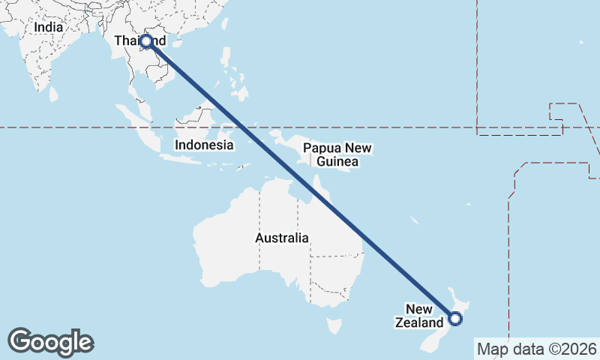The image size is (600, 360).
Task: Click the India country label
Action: [x=48, y=27]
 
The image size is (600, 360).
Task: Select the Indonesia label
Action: [x=203, y=145]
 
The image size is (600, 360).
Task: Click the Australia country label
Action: [x=281, y=238]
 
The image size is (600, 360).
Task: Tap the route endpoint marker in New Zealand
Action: [x=455, y=319]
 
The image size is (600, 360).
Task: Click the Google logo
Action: [x=50, y=342]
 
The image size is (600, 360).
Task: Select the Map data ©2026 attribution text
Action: [x=536, y=349]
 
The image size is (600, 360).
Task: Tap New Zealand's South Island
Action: [x=431, y=341]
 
